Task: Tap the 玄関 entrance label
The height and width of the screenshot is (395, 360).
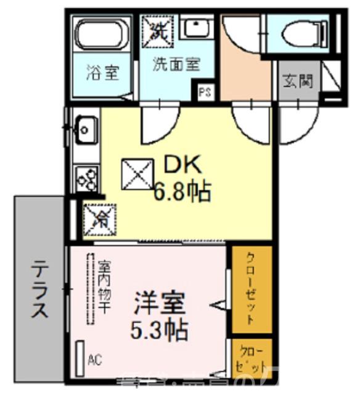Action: (299, 80)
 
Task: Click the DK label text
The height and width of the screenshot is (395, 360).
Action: (182, 165)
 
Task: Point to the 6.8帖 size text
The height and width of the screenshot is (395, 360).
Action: (182, 192)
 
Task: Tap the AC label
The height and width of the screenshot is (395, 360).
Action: (95, 359)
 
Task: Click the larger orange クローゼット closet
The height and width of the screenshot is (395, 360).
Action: (252, 289)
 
